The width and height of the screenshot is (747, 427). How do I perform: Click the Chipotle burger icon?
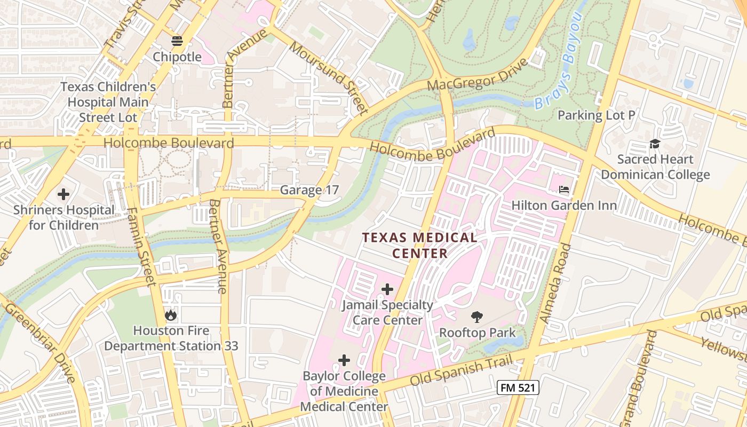(x=177, y=41)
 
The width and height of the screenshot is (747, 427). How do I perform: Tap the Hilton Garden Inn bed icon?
(x=564, y=189)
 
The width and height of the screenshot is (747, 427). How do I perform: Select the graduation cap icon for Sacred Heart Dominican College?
(x=655, y=144)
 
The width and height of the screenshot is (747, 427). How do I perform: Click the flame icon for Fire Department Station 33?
(x=171, y=315)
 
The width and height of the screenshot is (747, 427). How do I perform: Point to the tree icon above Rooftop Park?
(x=477, y=317)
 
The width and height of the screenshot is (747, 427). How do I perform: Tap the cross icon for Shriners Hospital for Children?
(x=63, y=194)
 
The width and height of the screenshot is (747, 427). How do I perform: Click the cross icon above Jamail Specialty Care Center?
(x=387, y=289)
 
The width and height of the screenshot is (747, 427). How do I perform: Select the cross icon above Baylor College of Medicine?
(x=344, y=360)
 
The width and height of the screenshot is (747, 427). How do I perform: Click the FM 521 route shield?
(x=518, y=388)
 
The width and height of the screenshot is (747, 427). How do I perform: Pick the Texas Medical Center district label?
(x=420, y=245)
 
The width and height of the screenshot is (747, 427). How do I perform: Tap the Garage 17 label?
(x=309, y=190)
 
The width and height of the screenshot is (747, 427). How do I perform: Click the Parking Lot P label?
(x=597, y=115)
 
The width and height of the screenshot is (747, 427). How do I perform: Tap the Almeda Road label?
(x=555, y=283)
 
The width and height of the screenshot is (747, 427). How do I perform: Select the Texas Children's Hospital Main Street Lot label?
(x=108, y=102)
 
